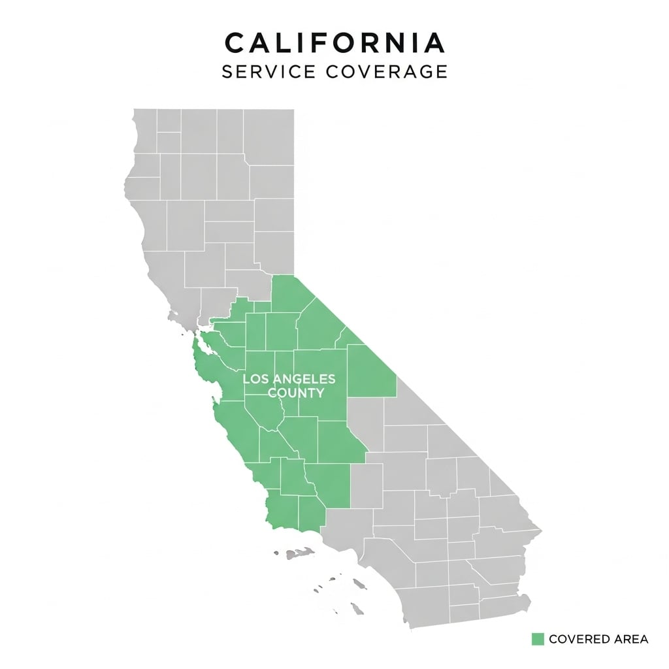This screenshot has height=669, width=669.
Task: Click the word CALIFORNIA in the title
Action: [334, 43]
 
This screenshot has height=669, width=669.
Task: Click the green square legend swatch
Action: [538, 638]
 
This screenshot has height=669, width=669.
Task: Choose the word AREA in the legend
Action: [632, 639]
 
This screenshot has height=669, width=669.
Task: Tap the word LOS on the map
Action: [254, 379]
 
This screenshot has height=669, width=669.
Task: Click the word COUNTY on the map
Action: [297, 393]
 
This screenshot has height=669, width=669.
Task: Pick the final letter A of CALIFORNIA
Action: [433, 43]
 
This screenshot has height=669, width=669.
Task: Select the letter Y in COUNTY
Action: [319, 393]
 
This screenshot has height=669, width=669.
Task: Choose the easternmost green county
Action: [370, 370]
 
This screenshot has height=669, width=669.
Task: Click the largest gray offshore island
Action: [359, 583]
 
